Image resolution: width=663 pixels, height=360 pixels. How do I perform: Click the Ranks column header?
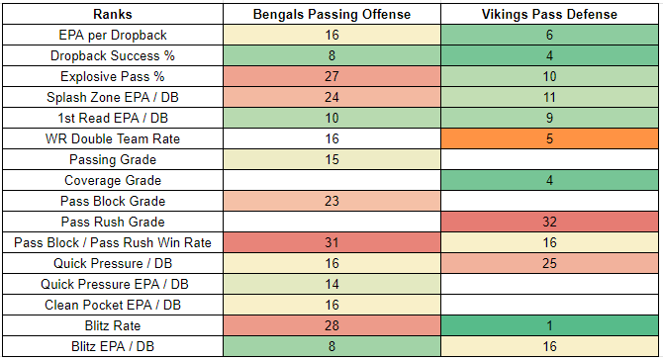coord(113,15)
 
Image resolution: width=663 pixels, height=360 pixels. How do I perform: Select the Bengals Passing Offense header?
coord(331,15)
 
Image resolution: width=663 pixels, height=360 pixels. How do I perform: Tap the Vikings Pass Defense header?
coord(549,15)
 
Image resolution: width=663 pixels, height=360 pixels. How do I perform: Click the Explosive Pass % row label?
coord(113,76)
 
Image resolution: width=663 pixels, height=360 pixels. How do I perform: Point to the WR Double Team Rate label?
coord(113,138)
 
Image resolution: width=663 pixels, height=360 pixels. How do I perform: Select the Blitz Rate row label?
coord(113,325)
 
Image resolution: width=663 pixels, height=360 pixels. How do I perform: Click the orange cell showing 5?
coord(549,138)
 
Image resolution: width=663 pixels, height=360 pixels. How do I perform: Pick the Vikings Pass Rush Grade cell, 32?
coord(549,222)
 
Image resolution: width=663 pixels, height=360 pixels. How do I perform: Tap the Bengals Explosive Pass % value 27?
coord(331,76)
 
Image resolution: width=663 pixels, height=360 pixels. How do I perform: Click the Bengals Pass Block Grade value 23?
coord(331,201)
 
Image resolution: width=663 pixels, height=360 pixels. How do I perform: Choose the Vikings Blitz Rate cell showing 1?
coord(549,325)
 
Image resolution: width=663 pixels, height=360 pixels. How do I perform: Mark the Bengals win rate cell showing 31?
coord(331,242)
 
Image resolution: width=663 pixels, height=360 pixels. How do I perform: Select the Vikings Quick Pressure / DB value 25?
coord(549,263)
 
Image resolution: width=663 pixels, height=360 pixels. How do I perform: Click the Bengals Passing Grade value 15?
coord(331,159)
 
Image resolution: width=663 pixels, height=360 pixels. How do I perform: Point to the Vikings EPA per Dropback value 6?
coord(549,35)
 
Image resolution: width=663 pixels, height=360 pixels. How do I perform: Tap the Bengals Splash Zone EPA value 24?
coord(331,97)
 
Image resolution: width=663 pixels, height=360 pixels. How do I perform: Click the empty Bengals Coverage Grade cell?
coord(331,180)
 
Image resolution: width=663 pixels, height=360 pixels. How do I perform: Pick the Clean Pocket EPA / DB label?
coord(113,305)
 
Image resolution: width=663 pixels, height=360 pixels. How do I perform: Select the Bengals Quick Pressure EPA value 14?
coord(331,284)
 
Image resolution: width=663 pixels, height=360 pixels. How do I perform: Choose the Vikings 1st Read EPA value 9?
coord(549,118)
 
